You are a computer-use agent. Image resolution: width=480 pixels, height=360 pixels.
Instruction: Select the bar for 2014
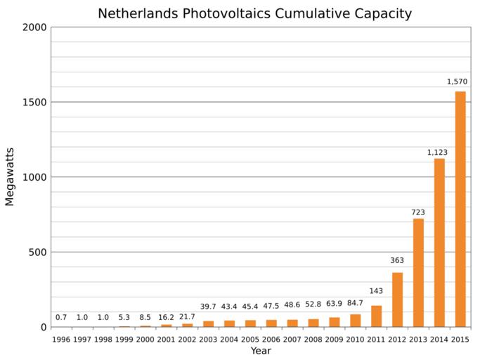(x=439, y=243)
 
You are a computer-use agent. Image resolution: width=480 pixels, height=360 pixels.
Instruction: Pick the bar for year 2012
(x=397, y=300)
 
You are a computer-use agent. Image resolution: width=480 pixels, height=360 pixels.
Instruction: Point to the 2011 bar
(x=376, y=316)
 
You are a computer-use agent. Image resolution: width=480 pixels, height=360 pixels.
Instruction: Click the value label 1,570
(x=457, y=82)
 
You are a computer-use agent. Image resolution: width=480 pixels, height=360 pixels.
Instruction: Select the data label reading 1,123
(x=437, y=153)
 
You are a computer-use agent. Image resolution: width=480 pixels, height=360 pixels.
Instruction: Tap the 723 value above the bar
(x=418, y=212)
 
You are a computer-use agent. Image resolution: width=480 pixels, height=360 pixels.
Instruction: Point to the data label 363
(x=397, y=261)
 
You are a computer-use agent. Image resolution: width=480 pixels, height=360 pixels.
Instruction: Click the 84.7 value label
(x=355, y=304)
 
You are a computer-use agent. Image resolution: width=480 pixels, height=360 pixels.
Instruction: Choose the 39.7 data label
(x=208, y=307)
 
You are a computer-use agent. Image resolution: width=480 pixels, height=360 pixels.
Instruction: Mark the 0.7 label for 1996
(x=61, y=318)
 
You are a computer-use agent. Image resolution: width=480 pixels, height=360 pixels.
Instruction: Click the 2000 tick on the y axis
(x=34, y=27)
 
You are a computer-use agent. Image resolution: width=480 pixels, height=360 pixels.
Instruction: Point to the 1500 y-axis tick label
(x=34, y=102)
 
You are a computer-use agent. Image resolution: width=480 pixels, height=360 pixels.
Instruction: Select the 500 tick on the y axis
(x=37, y=252)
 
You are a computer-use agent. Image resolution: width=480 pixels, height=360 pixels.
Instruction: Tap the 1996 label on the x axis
(x=61, y=340)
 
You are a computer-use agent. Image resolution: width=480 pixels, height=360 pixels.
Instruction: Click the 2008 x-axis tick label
(x=313, y=340)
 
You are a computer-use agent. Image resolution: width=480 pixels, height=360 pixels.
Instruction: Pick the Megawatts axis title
(x=10, y=176)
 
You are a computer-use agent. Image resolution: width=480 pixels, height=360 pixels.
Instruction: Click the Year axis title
(x=261, y=351)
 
